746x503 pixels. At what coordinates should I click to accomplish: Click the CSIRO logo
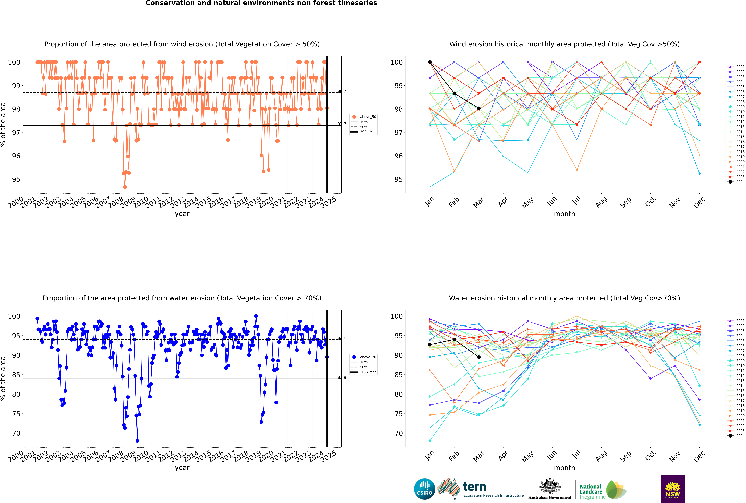pyautogui.click(x=424, y=489)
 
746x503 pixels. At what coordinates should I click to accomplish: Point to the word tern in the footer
pyautogui.click(x=474, y=487)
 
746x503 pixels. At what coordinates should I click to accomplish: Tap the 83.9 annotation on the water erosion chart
pyautogui.click(x=342, y=378)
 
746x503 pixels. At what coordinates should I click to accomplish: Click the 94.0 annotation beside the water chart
pyautogui.click(x=342, y=338)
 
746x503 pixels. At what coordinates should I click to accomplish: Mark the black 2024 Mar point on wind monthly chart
pyautogui.click(x=479, y=108)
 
